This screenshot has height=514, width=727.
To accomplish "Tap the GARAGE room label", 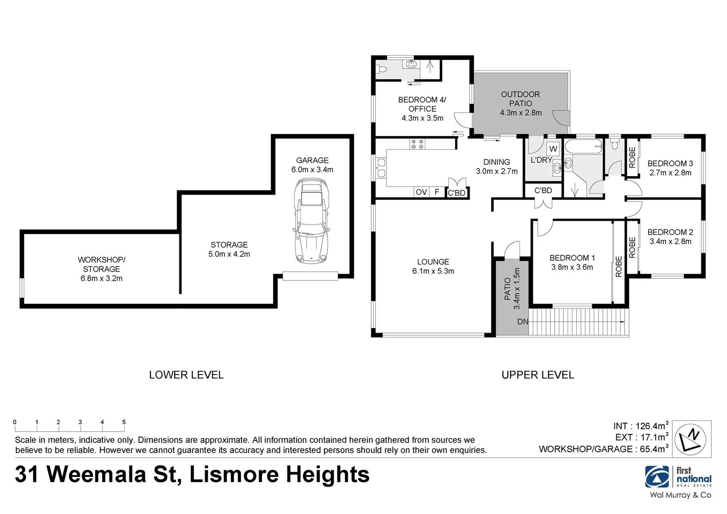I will click(x=312, y=160).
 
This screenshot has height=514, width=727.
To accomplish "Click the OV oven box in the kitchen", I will click(x=421, y=192).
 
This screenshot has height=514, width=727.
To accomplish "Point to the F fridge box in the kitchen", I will click(x=437, y=192).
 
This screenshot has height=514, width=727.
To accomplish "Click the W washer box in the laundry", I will click(x=553, y=149).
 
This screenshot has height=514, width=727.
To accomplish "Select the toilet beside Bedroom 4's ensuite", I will click(x=382, y=69).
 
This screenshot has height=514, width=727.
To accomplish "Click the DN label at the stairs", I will click(x=522, y=322).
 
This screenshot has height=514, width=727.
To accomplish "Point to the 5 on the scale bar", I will click(x=124, y=422).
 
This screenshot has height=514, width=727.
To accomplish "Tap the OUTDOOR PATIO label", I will click(x=521, y=99).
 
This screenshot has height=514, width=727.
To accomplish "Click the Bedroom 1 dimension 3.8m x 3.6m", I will click(x=572, y=267).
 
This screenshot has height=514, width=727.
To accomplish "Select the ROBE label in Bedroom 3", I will click(x=632, y=157).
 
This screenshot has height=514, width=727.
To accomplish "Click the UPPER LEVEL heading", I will click(x=538, y=375).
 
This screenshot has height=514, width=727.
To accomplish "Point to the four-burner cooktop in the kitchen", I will click(x=417, y=144).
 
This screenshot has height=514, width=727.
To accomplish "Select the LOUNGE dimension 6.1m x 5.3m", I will click(x=433, y=271).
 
